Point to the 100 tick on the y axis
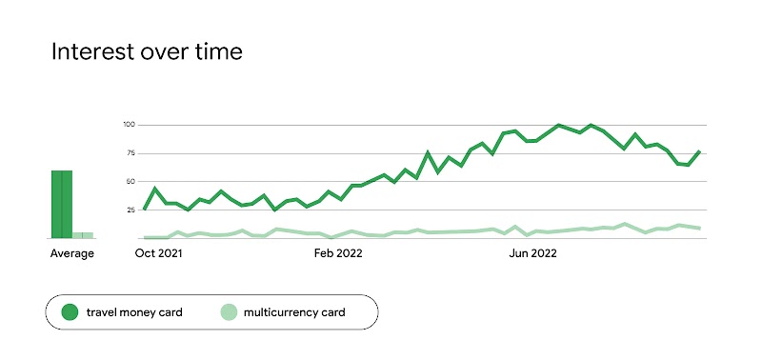pos(130,125)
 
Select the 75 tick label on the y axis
pos(131,153)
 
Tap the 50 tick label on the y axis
pos(131,181)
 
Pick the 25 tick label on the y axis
pos(131,210)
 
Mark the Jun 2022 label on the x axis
pos(533,253)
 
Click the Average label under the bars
pos(72,253)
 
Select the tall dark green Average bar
pos(62,204)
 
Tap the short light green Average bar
pos(83,234)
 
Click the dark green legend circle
pos(70,311)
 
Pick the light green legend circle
pos(229,311)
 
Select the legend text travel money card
pos(134,311)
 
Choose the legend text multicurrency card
pos(294,311)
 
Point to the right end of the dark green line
pos(700,151)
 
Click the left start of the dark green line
pos(144,209)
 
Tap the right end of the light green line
pos(700,229)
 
